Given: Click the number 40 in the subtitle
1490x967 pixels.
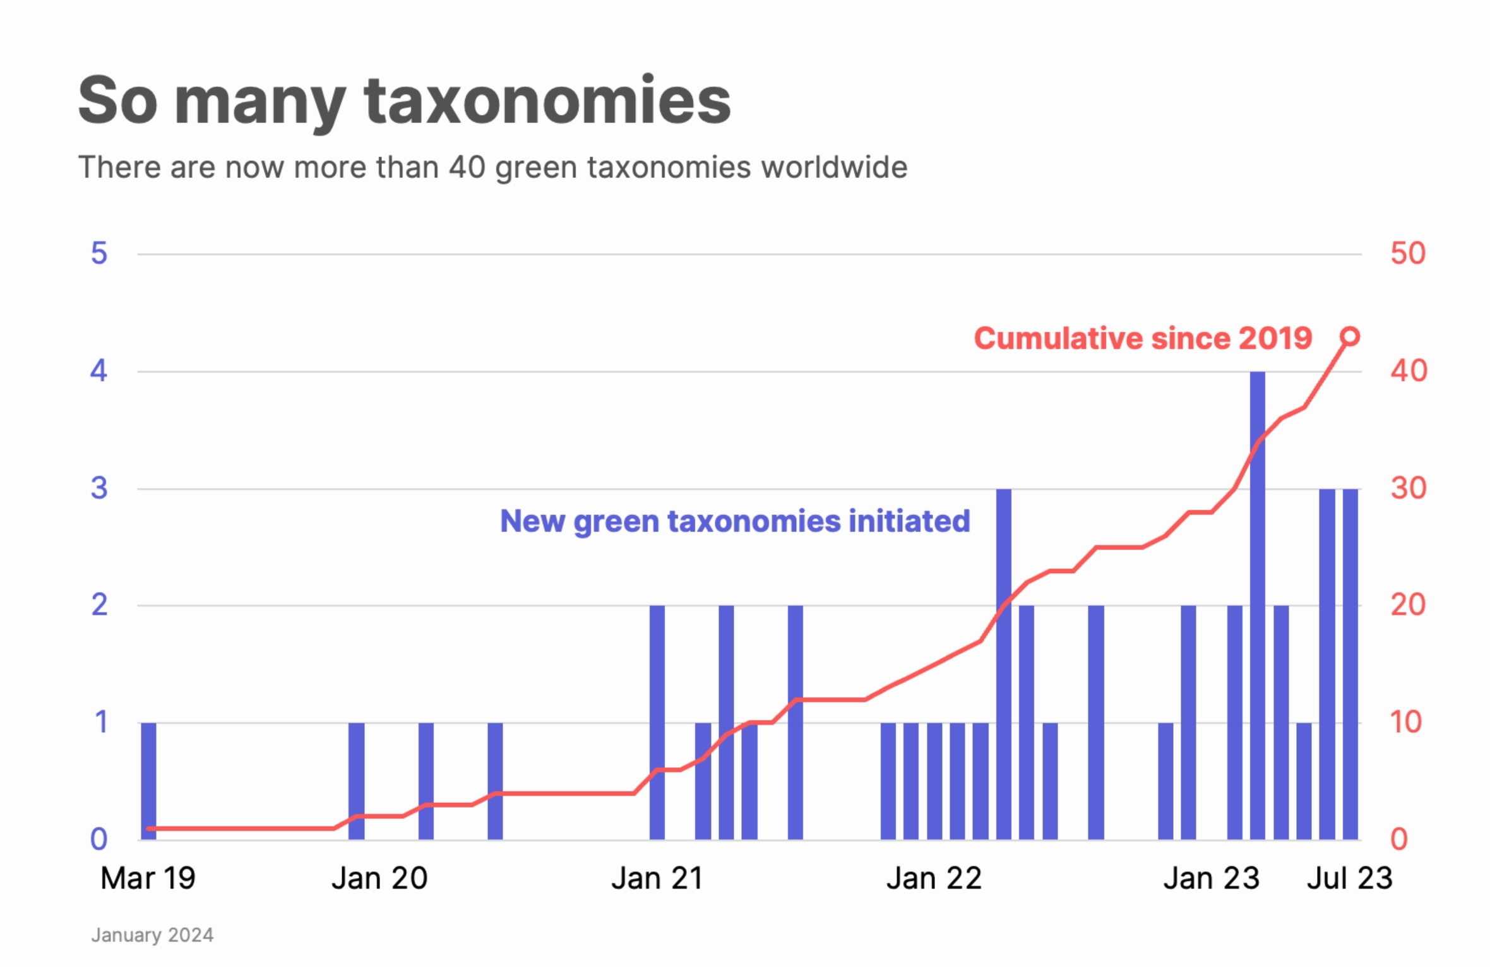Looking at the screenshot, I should pyautogui.click(x=467, y=167).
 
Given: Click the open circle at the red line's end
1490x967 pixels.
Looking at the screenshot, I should pyautogui.click(x=1350, y=336).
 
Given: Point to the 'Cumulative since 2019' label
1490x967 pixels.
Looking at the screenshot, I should pyautogui.click(x=1143, y=338).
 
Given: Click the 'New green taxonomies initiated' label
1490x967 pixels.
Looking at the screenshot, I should pyautogui.click(x=735, y=521).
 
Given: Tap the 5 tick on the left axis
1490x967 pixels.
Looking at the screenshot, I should pyautogui.click(x=99, y=254).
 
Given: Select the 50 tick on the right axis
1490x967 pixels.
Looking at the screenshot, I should pyautogui.click(x=1407, y=254).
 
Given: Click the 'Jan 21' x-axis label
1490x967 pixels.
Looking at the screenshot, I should pyautogui.click(x=657, y=879).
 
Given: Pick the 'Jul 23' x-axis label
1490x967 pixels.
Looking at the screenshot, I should pyautogui.click(x=1349, y=879).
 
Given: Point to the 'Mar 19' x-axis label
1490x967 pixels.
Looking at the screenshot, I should pyautogui.click(x=148, y=879).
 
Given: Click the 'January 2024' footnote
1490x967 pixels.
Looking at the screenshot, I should pyautogui.click(x=152, y=935).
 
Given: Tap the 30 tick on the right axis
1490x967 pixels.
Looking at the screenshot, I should pyautogui.click(x=1407, y=489).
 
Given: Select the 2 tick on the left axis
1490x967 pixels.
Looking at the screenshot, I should pyautogui.click(x=99, y=605).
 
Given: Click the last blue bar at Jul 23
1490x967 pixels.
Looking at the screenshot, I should pyautogui.click(x=1350, y=663).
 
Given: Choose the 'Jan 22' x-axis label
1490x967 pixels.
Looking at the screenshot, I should pyautogui.click(x=934, y=879).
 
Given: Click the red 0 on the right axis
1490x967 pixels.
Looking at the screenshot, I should pyautogui.click(x=1398, y=839).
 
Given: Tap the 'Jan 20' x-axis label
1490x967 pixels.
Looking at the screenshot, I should pyautogui.click(x=379, y=879).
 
